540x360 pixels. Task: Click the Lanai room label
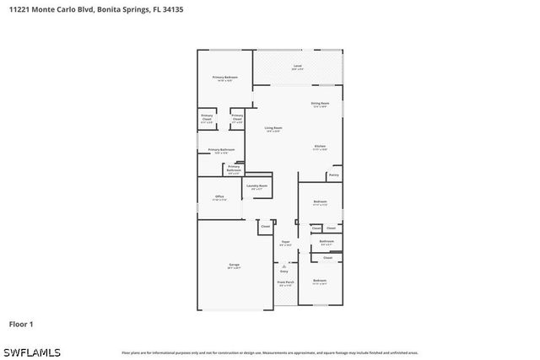[x=297, y=66]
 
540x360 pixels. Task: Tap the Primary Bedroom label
[x=224, y=78]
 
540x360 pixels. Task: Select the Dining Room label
[x=320, y=104]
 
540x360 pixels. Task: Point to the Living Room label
[x=273, y=128]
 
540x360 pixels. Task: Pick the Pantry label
[x=334, y=175]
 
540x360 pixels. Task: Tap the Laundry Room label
[x=257, y=185]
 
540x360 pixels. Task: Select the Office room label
[x=219, y=197]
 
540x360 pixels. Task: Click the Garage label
[x=234, y=266]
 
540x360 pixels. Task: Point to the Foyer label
[x=285, y=242]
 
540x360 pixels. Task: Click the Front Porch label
[x=285, y=283]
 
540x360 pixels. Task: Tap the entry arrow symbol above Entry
[x=284, y=264]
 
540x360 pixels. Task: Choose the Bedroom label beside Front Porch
[x=320, y=281]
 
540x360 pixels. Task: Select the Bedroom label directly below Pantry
[x=320, y=202]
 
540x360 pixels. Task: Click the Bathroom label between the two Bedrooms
[x=327, y=242]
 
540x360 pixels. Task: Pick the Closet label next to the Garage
[x=265, y=226]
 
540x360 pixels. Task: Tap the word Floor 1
[x=21, y=324]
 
